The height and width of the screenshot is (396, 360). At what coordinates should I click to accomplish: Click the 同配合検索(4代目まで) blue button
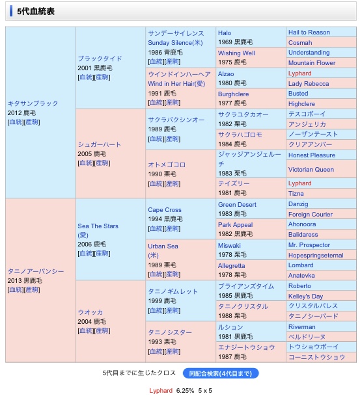[x=221, y=373]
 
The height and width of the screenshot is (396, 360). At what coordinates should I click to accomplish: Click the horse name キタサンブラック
[x=33, y=103]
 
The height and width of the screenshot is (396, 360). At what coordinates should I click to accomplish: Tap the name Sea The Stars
[x=98, y=226]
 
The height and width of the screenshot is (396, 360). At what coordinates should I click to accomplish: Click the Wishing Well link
[x=236, y=53]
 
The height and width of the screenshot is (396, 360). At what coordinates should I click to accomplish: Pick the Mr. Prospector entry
[x=309, y=245]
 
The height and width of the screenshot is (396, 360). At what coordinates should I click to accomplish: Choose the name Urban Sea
[x=163, y=246]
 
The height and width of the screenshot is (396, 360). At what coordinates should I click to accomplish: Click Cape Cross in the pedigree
[x=165, y=210]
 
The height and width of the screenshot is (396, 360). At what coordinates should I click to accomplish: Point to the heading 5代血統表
[x=36, y=11]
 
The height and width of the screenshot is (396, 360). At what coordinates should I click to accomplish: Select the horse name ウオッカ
[x=90, y=312]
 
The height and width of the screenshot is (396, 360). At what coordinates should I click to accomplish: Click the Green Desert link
[x=237, y=205]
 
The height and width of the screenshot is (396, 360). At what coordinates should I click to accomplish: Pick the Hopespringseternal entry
[x=316, y=256]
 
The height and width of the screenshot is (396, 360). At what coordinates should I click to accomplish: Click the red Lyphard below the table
[x=161, y=391]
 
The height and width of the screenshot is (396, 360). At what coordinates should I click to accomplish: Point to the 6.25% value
[x=185, y=391]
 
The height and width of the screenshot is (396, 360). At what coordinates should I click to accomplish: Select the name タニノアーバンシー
[x=36, y=271]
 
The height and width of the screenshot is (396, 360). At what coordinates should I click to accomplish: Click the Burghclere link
[x=233, y=94]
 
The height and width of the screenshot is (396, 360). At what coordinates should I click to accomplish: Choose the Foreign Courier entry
[x=311, y=215]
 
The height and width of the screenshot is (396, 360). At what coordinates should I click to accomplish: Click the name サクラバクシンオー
[x=176, y=120]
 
